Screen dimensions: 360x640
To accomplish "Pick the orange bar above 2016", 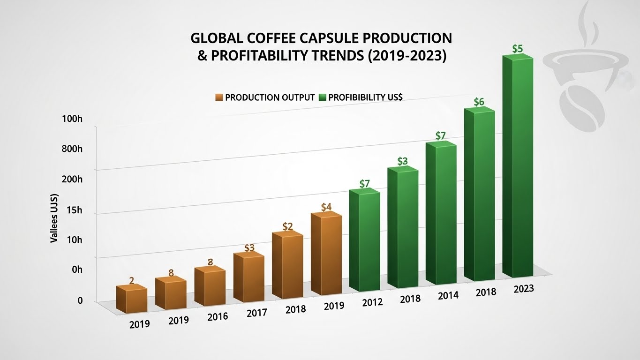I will (x=210, y=287).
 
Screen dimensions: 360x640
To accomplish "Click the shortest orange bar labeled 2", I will (x=131, y=300).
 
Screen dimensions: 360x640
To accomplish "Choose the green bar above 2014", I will (x=441, y=213).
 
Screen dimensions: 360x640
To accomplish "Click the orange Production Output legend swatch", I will (x=219, y=97).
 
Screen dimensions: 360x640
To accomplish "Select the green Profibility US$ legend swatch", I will (x=322, y=97).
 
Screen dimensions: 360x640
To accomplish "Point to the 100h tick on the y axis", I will (x=72, y=119).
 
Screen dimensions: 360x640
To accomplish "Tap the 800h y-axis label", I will (x=72, y=150).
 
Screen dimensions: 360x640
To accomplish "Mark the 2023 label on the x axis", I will (x=524, y=289).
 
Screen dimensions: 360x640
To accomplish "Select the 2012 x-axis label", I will (x=372, y=302).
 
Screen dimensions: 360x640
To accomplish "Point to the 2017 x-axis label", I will (x=256, y=313).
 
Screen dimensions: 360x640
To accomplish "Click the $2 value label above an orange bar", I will (x=287, y=226).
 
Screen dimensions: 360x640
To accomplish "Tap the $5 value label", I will (x=518, y=49).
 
